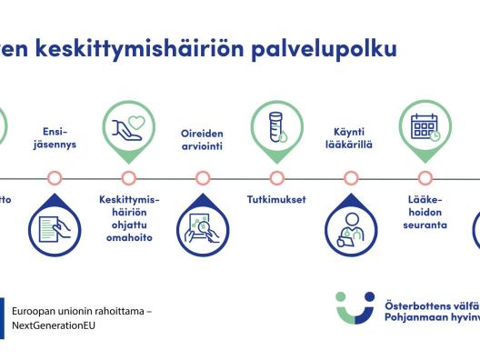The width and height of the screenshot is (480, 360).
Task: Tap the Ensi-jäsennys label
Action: click(55, 137)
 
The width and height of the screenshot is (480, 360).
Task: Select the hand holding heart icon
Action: click(128, 128)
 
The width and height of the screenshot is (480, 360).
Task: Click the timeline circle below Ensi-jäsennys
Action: click(55, 177)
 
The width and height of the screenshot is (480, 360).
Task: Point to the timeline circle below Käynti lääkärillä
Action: click(350, 177)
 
